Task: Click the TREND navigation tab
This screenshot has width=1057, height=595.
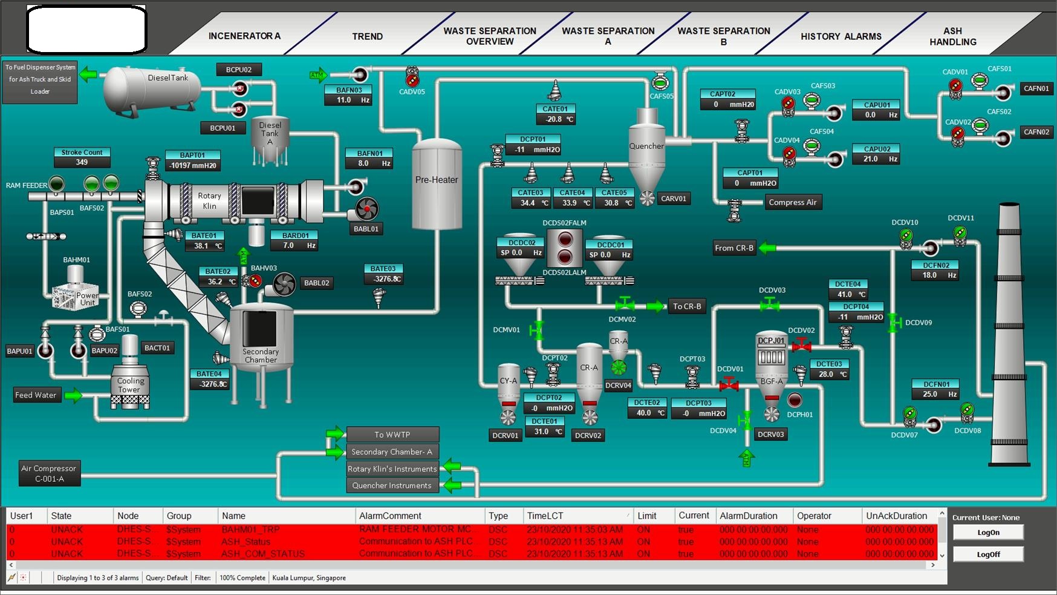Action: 367,36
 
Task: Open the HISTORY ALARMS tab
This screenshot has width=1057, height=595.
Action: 841,36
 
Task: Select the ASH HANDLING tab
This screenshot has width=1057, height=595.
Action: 952,36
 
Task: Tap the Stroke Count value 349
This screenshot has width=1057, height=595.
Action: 82,162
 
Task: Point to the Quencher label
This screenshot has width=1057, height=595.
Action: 646,146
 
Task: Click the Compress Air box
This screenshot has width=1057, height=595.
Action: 792,202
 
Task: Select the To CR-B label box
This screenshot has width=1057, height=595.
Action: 687,306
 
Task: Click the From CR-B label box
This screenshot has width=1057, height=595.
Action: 734,248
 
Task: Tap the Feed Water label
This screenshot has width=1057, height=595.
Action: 36,395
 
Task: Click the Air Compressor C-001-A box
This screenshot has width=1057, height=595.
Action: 49,473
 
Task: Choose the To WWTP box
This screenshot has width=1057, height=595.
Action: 392,435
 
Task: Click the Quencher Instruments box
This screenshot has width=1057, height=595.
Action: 392,485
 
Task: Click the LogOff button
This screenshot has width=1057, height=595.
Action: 988,554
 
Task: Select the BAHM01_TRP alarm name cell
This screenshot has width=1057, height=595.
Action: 250,530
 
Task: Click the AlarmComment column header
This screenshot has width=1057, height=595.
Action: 390,516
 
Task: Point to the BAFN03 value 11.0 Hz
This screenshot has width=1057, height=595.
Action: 353,100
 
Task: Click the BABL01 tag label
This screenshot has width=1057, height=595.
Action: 366,229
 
